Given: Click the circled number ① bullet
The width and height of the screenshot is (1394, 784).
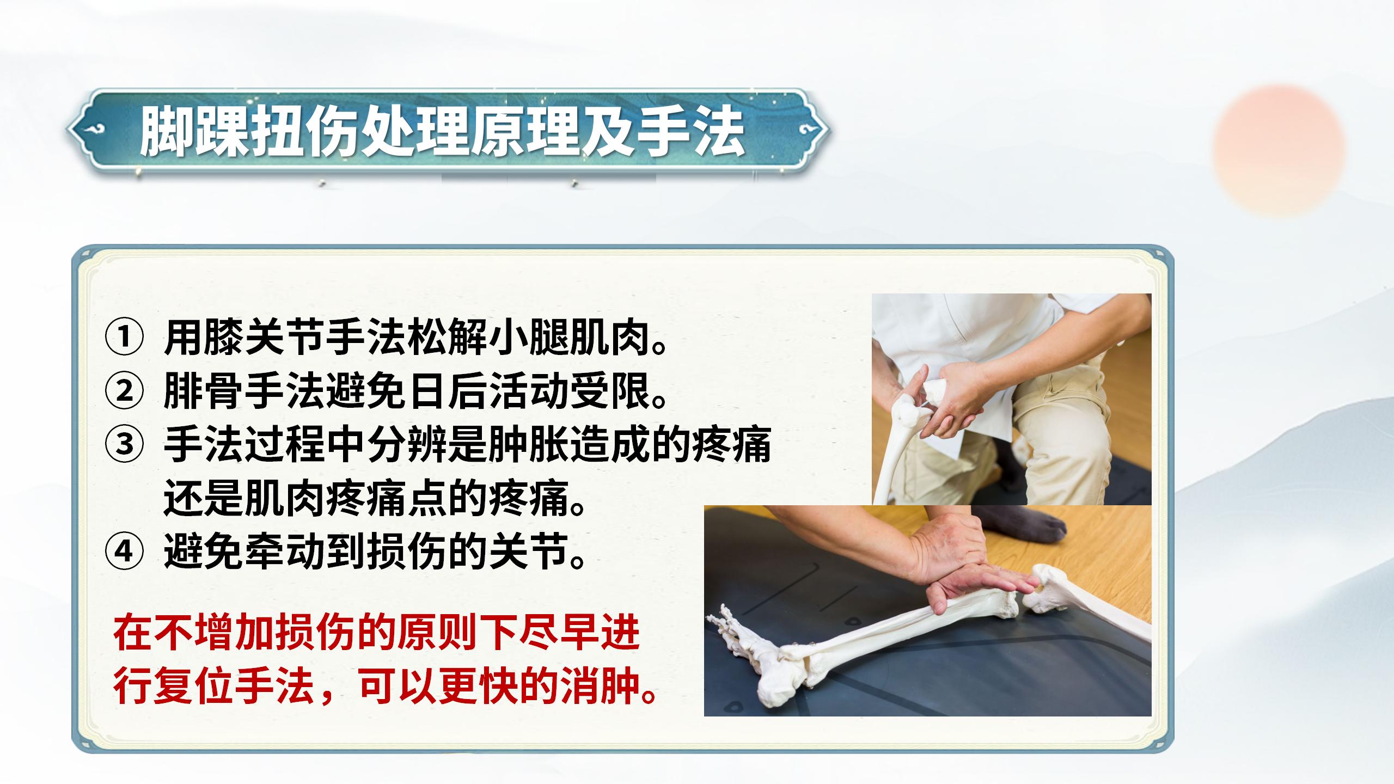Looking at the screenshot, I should [124, 338].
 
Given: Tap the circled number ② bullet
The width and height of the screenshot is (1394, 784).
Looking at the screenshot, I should [124, 391].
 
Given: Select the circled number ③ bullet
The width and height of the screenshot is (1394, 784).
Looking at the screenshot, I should [124, 444].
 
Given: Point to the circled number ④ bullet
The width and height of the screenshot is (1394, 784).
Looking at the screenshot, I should [124, 552].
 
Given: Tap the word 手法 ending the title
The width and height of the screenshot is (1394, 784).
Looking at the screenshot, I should [689, 132].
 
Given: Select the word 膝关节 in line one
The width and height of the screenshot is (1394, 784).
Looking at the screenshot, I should [245, 338].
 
